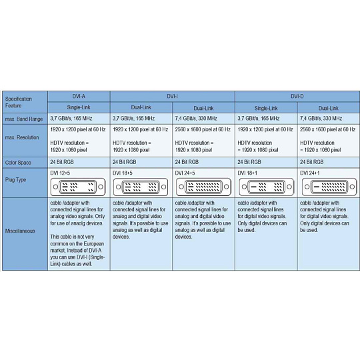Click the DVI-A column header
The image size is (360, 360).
[79, 97]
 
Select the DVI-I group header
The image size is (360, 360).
[173, 97]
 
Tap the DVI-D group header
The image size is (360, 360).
[297, 97]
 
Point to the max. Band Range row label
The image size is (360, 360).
[24, 119]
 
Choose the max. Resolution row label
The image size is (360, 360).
[22, 137]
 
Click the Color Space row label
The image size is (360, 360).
[18, 163]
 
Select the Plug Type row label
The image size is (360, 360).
[15, 179]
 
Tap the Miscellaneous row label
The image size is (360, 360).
[20, 231]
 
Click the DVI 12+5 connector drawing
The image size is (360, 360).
[78, 187]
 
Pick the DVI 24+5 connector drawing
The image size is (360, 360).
[203, 187]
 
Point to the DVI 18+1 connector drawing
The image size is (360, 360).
[266, 187]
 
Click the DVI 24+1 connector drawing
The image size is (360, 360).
[329, 187]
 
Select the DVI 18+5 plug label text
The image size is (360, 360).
[123, 173]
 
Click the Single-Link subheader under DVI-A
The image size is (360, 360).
[79, 107]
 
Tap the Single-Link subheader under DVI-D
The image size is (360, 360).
[266, 108]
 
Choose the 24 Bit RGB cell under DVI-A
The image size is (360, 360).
[62, 162]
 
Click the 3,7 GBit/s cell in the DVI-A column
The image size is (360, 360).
[71, 119]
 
